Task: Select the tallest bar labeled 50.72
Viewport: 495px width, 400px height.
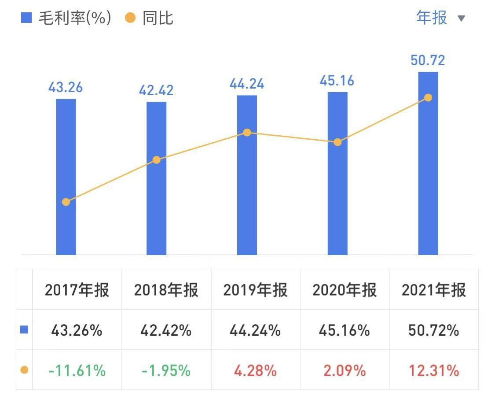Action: [x=428, y=176]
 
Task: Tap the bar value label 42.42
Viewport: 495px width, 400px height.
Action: [x=156, y=91]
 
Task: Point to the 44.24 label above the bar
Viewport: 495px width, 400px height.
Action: [x=247, y=84]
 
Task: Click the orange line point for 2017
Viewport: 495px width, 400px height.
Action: [x=66, y=202]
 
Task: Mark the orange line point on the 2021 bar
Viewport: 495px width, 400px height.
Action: [x=428, y=98]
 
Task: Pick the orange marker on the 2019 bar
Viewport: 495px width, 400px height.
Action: [x=247, y=133]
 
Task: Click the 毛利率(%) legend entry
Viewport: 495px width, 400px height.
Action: [x=66, y=18]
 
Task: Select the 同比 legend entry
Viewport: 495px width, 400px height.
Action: [x=150, y=18]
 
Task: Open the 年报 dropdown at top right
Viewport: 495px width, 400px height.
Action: [x=440, y=18]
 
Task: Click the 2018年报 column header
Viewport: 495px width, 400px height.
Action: [x=166, y=290]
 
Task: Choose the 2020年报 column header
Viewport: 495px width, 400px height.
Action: [x=345, y=290]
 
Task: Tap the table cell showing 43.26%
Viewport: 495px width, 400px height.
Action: [x=77, y=330]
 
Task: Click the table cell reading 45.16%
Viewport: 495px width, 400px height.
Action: [x=345, y=330]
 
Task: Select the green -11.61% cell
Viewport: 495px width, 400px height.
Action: [x=77, y=370]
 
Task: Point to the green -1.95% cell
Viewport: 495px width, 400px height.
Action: [x=166, y=370]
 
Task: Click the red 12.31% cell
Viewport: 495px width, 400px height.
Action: [x=434, y=370]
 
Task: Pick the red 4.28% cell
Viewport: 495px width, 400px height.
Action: [x=256, y=370]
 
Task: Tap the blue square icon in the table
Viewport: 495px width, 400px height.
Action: [x=25, y=330]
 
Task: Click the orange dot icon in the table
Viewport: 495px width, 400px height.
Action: [x=25, y=370]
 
